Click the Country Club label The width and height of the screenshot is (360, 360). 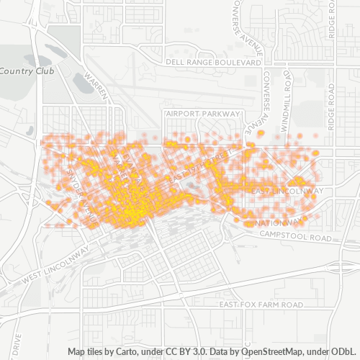coord(22,71)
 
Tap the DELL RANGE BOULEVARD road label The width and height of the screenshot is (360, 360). coord(212,63)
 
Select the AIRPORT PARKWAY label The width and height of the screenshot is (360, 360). coord(202,114)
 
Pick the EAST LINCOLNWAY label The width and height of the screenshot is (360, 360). coord(287,190)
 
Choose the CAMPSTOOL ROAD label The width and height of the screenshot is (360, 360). coord(295,237)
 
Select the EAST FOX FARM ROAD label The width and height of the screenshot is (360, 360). coord(261,305)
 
